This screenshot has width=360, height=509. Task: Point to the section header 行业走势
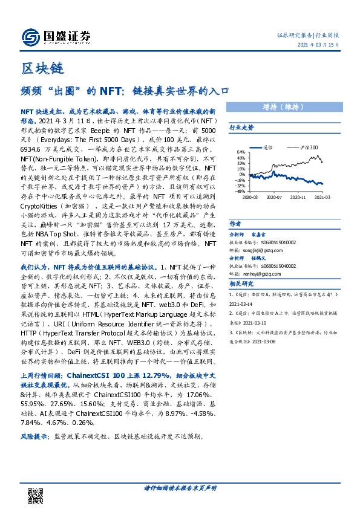pyautogui.click(x=241, y=128)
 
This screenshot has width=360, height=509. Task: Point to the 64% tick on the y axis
pyautogui.click(x=241, y=152)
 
